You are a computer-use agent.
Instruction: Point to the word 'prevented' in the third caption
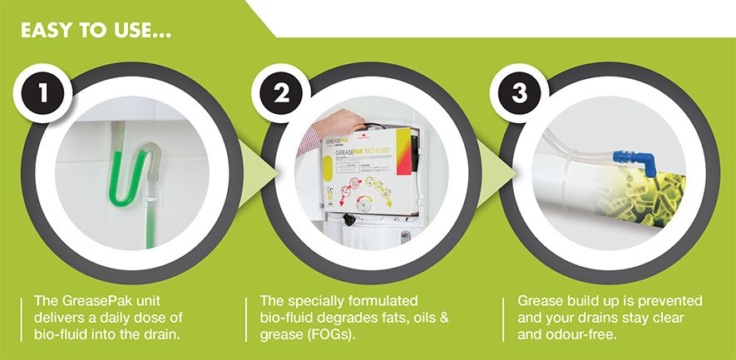[x=668, y=300]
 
